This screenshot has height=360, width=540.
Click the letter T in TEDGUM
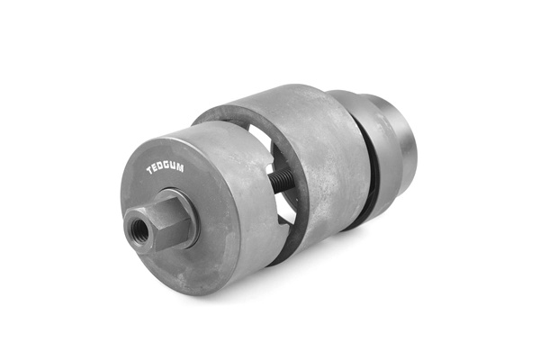tap(149, 170)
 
